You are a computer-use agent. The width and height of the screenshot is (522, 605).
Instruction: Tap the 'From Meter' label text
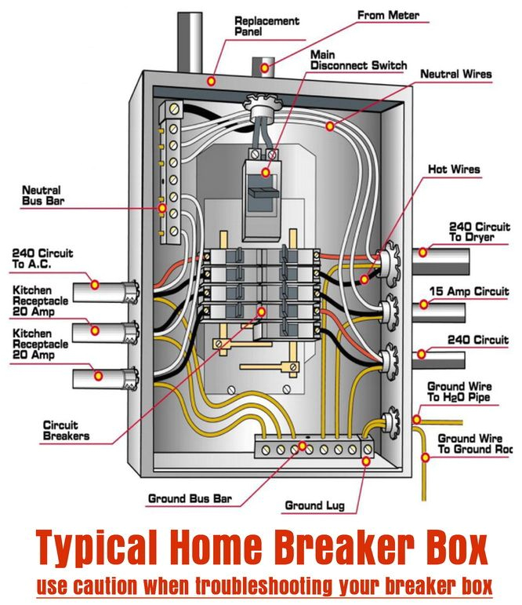click(388, 15)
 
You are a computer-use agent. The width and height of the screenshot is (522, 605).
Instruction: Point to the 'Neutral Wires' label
click(455, 75)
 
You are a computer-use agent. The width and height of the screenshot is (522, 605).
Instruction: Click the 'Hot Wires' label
click(454, 169)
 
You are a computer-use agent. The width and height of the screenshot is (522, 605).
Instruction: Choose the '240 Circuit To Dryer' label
click(478, 231)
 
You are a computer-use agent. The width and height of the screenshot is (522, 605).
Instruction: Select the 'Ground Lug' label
click(314, 505)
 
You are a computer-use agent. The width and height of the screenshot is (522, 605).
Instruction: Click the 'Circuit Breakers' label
click(66, 430)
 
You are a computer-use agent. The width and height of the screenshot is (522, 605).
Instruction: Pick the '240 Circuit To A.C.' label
click(42, 259)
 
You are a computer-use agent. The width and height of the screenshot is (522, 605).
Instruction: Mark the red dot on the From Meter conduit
click(265, 69)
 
